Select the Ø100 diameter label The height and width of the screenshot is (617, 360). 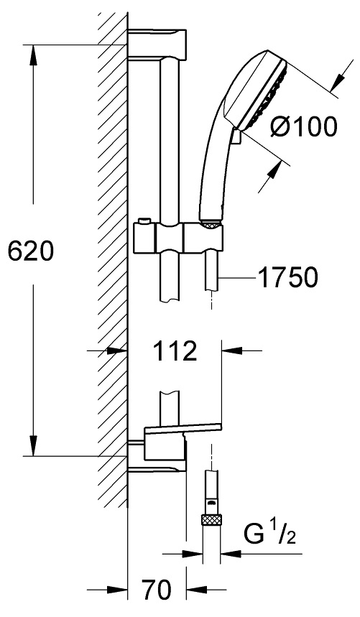[x=305, y=126]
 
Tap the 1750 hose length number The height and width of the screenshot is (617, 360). [x=287, y=277]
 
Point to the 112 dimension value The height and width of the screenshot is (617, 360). [x=175, y=351]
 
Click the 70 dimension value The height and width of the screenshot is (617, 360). [x=157, y=590]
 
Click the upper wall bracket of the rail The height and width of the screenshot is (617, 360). [x=157, y=42]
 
